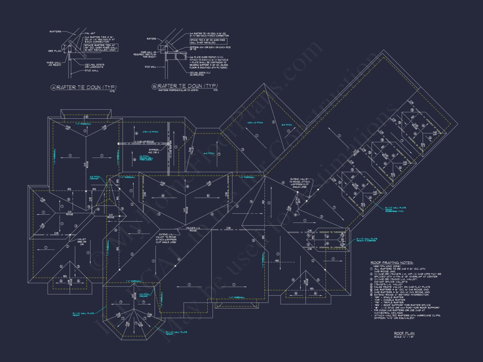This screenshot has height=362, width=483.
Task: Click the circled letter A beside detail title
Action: click(x=54, y=87)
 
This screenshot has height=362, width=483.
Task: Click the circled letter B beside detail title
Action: click(x=154, y=86)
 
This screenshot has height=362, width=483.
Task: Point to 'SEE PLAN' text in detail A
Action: click(x=54, y=51)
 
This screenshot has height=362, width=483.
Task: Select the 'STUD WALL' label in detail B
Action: click(x=151, y=67)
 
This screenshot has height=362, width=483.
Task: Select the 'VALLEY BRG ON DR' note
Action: click(x=82, y=241)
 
